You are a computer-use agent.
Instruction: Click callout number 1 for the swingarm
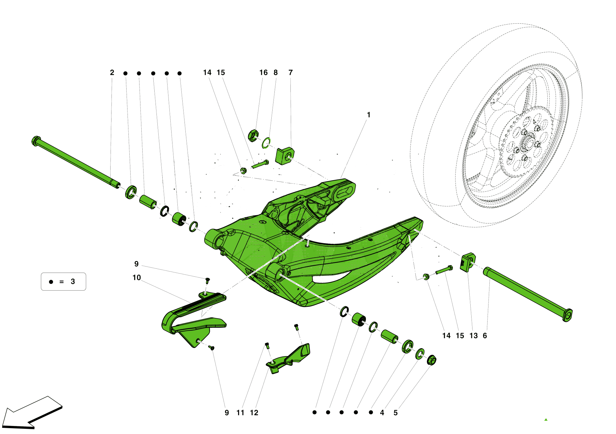coord(368,115)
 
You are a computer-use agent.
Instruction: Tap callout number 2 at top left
coord(112,73)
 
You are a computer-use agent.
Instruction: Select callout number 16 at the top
coord(263,73)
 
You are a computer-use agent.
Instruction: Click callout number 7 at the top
coord(290,73)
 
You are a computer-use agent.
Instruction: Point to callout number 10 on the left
coord(136,278)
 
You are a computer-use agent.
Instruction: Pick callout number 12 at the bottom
coord(254,413)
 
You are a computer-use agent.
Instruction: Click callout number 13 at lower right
coord(473,336)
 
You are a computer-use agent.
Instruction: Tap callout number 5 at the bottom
coord(395,413)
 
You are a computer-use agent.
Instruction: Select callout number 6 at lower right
coord(485,336)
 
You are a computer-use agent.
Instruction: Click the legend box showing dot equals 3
coord(63,282)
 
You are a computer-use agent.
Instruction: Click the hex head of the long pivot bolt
coord(36,141)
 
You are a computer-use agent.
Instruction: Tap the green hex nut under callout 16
coord(253,135)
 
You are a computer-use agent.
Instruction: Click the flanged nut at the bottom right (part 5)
coord(432,360)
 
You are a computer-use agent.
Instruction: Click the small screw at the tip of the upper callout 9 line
coord(208,280)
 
